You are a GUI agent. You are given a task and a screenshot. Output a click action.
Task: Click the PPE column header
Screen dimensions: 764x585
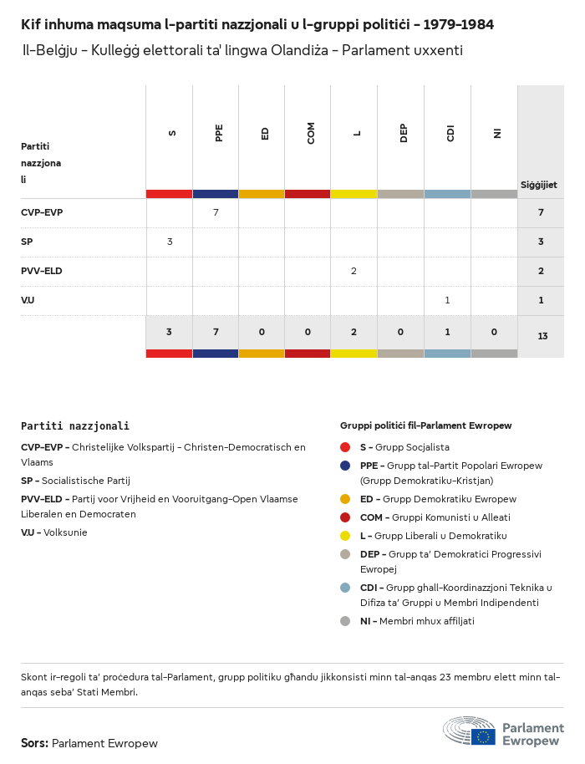pyautogui.click(x=219, y=133)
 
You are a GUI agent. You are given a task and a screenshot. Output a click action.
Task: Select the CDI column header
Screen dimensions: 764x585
pyautogui.click(x=450, y=133)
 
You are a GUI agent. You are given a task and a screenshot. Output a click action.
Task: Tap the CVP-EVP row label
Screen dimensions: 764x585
pyautogui.click(x=42, y=212)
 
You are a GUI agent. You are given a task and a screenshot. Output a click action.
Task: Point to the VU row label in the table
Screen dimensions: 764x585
pyautogui.click(x=28, y=300)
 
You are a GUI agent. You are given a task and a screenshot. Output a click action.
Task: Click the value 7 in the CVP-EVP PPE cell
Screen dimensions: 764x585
pyautogui.click(x=216, y=212)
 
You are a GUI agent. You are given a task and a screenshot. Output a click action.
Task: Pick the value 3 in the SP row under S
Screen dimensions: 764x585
pyautogui.click(x=170, y=242)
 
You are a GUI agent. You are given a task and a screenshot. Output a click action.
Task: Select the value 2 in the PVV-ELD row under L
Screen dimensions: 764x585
pyautogui.click(x=354, y=271)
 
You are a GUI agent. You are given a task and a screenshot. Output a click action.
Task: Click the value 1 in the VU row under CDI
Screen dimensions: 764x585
pyautogui.click(x=447, y=300)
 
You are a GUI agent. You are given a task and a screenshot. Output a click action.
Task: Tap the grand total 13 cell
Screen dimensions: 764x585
pyautogui.click(x=542, y=336)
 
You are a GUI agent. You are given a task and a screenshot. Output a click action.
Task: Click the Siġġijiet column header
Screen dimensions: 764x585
pyautogui.click(x=539, y=185)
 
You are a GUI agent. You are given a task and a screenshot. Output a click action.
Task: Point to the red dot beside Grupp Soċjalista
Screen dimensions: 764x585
pyautogui.click(x=345, y=447)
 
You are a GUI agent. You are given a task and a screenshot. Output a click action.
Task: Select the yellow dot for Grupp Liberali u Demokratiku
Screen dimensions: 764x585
pyautogui.click(x=345, y=536)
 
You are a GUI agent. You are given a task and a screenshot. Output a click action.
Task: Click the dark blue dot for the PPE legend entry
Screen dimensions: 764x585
pyautogui.click(x=345, y=466)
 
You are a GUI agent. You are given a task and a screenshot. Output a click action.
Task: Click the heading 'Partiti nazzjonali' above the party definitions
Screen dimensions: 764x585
pyautogui.click(x=75, y=425)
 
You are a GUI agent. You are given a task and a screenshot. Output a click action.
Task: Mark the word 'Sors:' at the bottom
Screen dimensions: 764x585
pyautogui.click(x=35, y=743)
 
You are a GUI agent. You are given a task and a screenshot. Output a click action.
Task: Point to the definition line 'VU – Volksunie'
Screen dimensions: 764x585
pyautogui.click(x=54, y=532)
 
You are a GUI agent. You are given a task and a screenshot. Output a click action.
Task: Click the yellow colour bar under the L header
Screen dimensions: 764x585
pyautogui.click(x=354, y=194)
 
